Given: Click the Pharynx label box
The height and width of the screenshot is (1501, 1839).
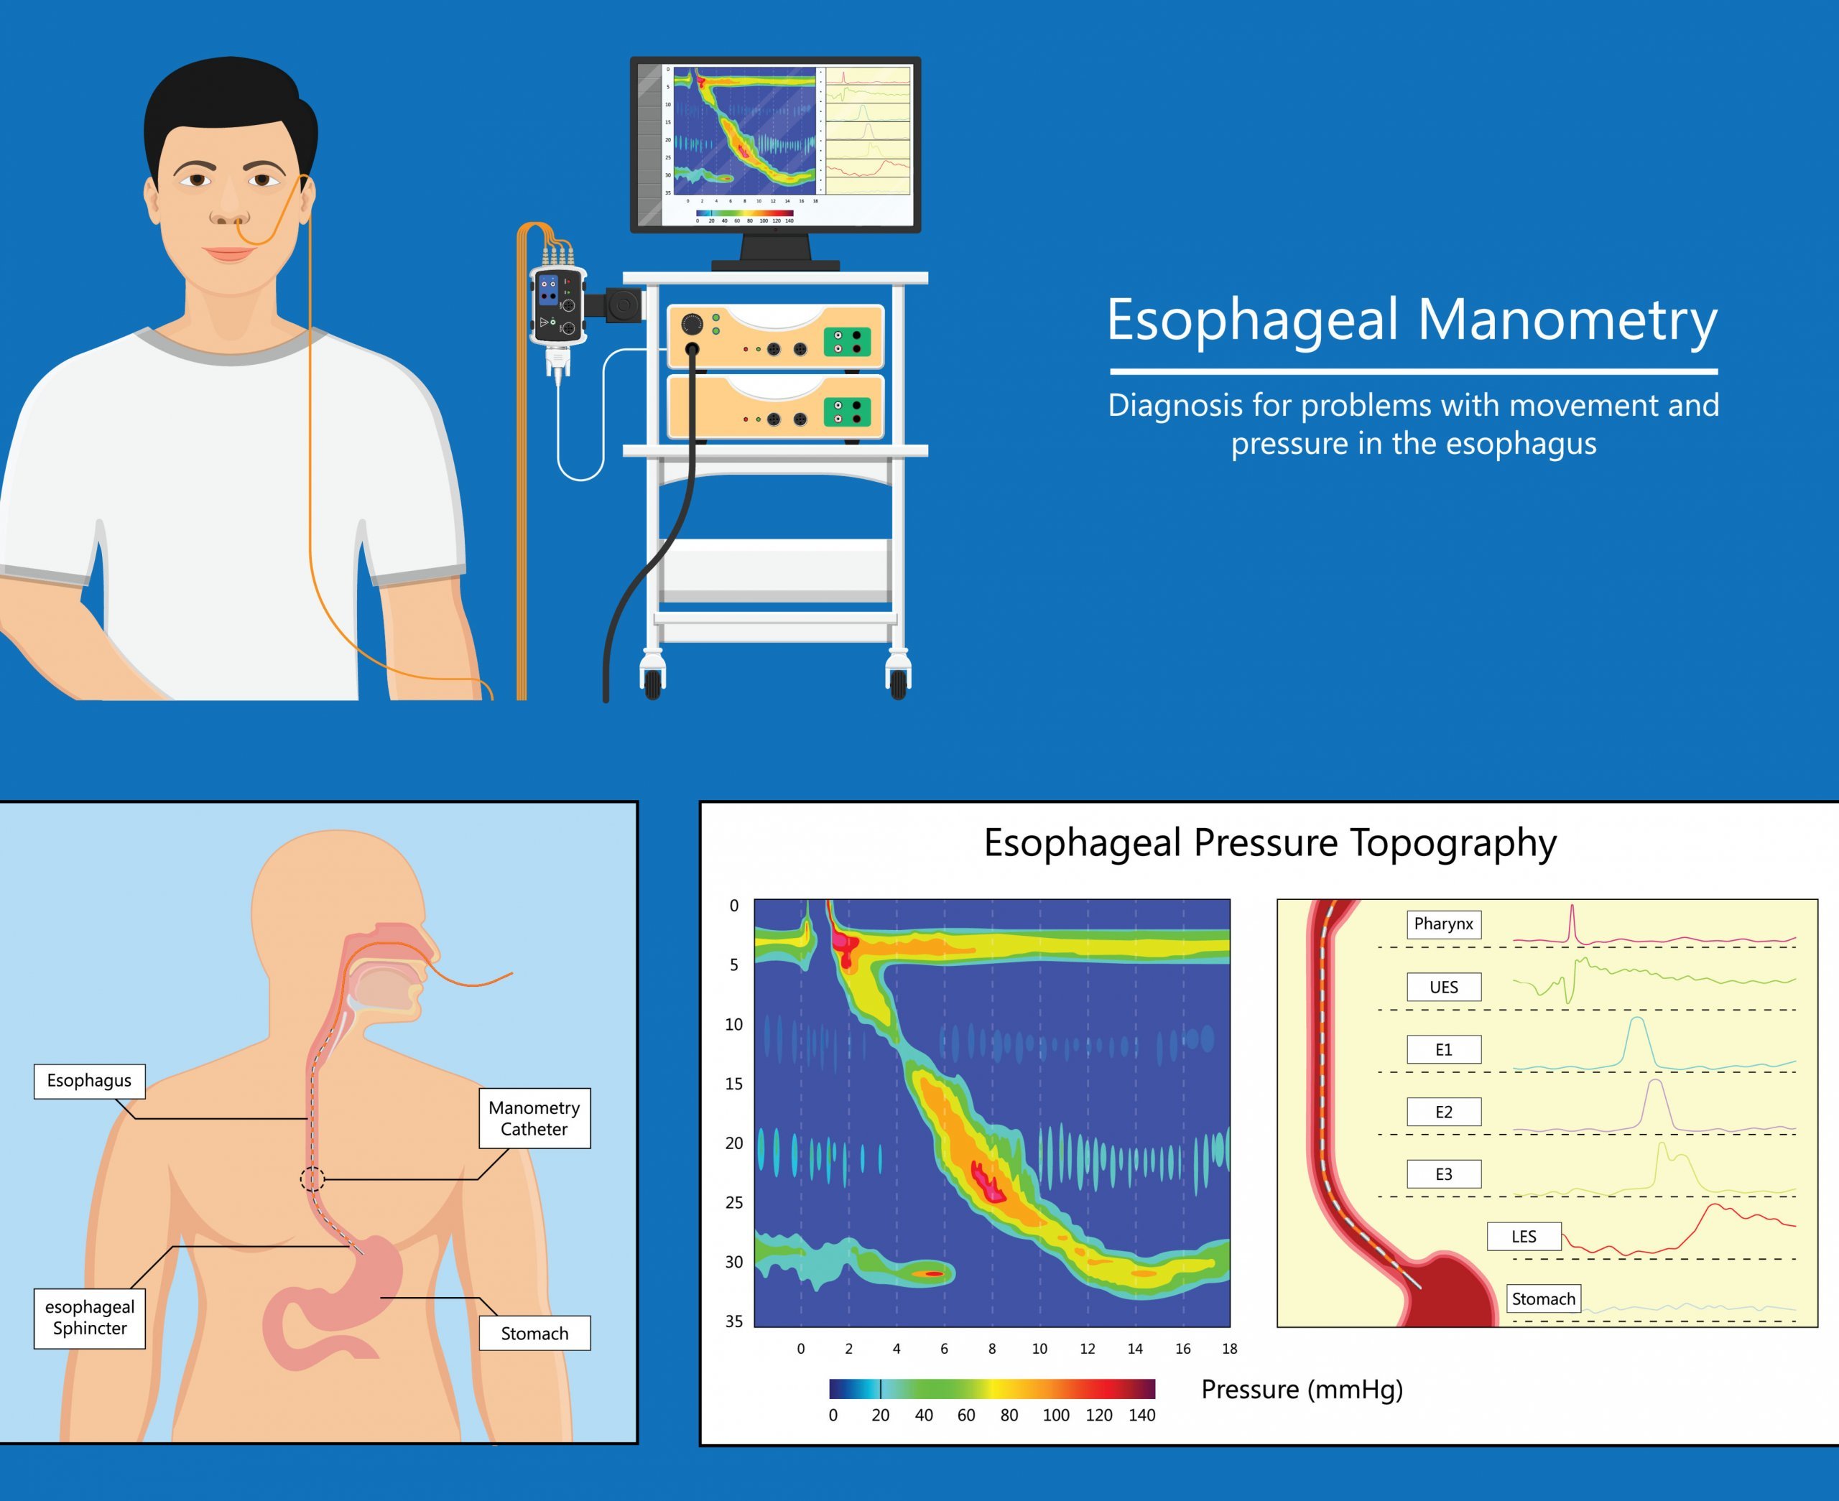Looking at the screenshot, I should pos(1443,924).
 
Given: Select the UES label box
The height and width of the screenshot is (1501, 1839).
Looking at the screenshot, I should pos(1443,987).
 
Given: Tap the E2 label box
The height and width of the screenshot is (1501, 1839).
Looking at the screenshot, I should pos(1443,1112).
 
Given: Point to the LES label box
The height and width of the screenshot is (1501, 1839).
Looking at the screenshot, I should pos(1524,1237).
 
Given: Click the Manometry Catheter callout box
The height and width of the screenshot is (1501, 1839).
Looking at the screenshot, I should pos(534,1118).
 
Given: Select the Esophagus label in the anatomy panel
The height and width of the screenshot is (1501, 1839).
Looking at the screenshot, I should pos(89,1081).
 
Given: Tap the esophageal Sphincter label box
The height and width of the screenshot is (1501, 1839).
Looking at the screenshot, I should pos(89,1318).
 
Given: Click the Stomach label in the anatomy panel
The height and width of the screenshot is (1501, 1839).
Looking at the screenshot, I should pos(534,1333).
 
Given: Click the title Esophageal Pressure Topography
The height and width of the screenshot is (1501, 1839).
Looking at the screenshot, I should pos(1270,843).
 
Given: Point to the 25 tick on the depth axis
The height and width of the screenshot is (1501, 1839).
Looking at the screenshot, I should pos(734,1203).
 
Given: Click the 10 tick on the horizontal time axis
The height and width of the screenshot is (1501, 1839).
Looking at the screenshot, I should pos(1039,1349).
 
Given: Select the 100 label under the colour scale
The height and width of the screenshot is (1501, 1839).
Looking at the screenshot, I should pos(1056,1416).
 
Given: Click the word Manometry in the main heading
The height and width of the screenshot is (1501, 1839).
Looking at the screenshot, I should pos(1567,320).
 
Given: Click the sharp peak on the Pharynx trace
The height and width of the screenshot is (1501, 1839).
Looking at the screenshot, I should pos(1572,908).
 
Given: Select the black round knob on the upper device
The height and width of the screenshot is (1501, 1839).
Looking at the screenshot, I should pos(692,324).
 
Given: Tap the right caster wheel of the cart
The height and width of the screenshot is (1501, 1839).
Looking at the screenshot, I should pos(899,682).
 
